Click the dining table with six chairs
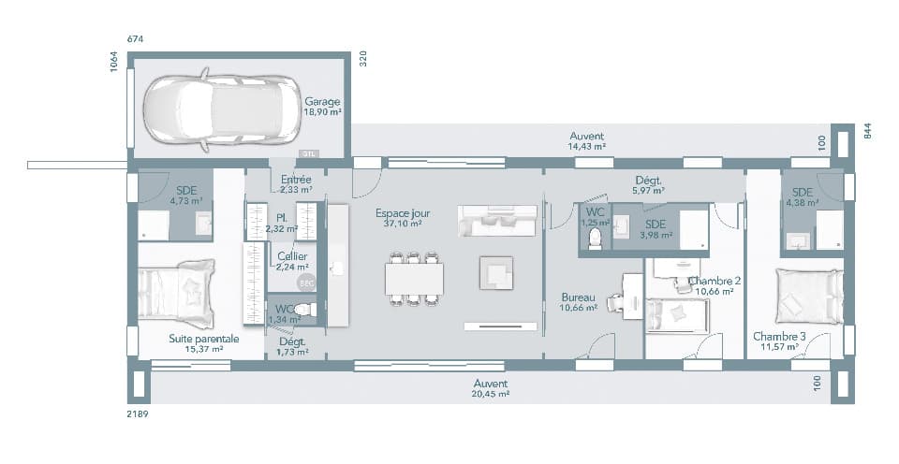pyautogui.click(x=413, y=278)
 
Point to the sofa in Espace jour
pyautogui.click(x=497, y=221)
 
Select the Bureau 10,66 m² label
pyautogui.click(x=578, y=300)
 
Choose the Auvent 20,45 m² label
pyautogui.click(x=490, y=388)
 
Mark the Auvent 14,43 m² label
pyautogui.click(x=587, y=141)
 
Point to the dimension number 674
pyautogui.click(x=137, y=39)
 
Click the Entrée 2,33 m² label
pyautogui.click(x=296, y=184)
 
